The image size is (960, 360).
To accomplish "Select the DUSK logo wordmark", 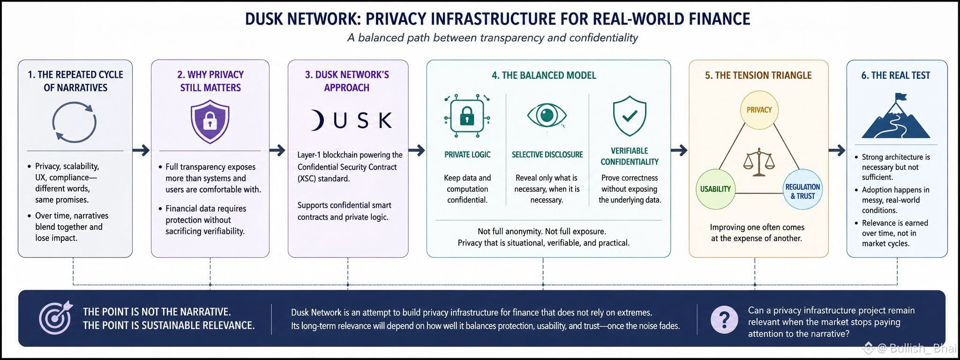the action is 351,120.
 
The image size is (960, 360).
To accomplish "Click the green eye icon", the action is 547,115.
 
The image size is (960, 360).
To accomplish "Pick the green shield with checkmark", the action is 630,116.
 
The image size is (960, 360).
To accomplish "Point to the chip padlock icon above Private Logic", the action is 467,116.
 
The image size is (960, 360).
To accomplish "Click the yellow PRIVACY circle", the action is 759,110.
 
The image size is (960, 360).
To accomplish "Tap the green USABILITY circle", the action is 715,189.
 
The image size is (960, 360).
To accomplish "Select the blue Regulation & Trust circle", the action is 802,189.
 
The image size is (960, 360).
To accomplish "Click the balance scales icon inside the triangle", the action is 759,162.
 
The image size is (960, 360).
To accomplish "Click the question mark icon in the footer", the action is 724,319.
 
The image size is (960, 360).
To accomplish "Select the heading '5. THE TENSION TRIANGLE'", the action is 758,75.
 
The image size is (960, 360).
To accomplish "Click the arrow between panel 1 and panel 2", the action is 141,150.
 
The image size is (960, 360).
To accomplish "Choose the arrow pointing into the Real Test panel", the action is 837,150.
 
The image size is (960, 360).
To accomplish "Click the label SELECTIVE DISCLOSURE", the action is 547,155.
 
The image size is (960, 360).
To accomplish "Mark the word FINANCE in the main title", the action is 720,19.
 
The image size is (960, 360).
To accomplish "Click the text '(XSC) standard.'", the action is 323,179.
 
